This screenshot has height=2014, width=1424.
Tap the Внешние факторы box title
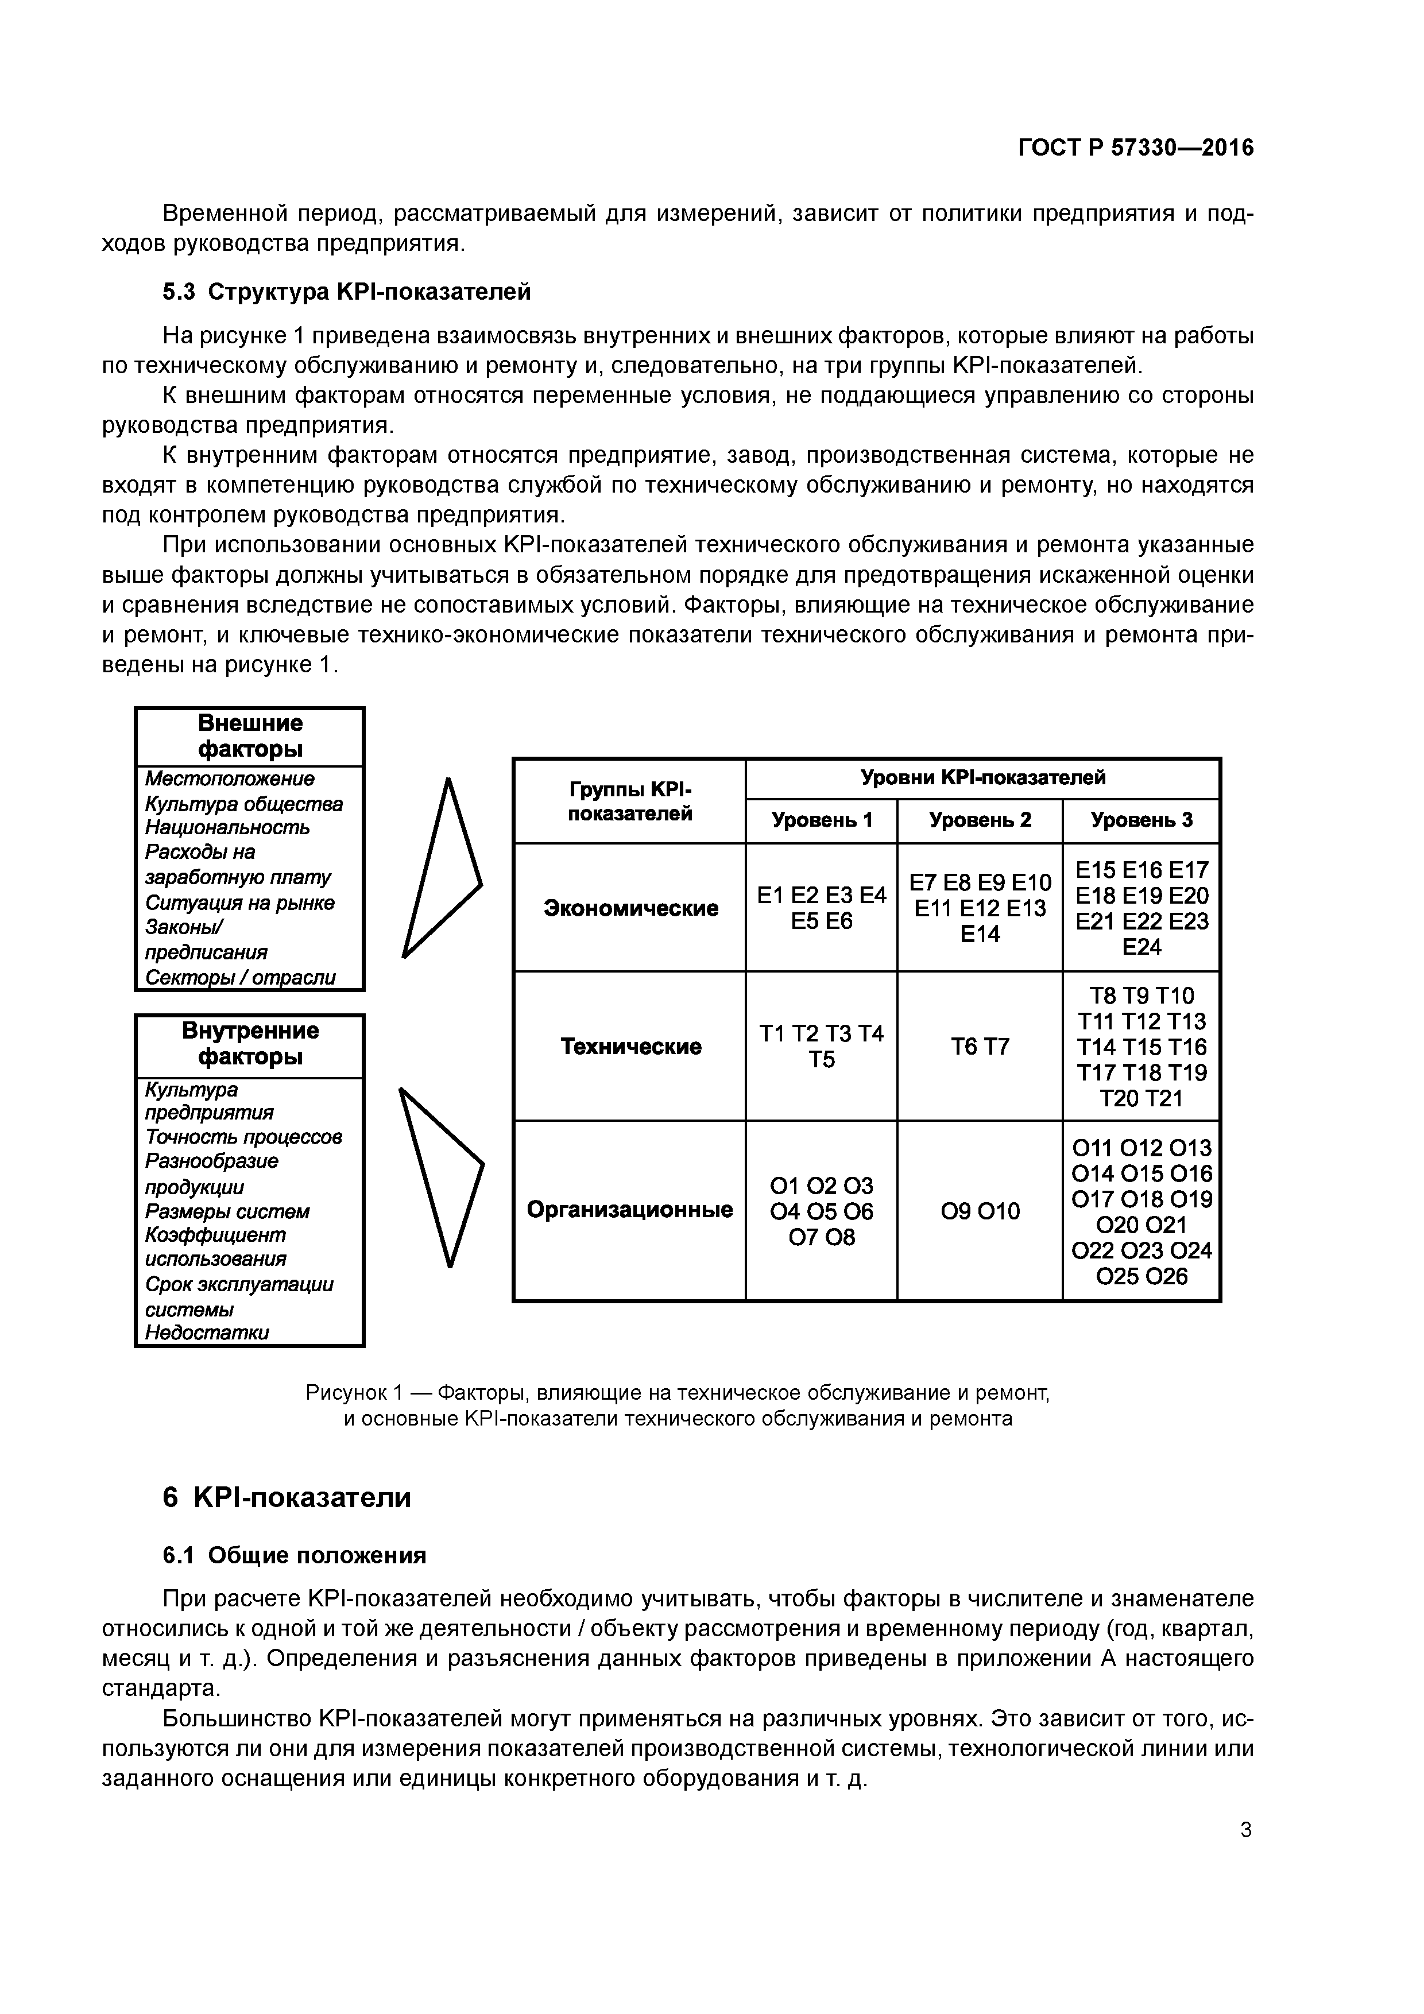point(249,736)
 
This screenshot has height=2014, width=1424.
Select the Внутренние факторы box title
point(249,1043)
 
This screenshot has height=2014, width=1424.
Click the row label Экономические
point(630,908)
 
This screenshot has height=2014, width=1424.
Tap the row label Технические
point(630,1047)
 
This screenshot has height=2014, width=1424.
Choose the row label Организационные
point(629,1210)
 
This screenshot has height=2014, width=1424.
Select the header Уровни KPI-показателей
point(982,777)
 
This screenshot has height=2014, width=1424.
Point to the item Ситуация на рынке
point(239,903)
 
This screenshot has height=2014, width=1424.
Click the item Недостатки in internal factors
point(207,1333)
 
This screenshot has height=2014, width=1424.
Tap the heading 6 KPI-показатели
point(287,1497)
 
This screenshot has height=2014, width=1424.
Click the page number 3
point(1246,1830)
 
